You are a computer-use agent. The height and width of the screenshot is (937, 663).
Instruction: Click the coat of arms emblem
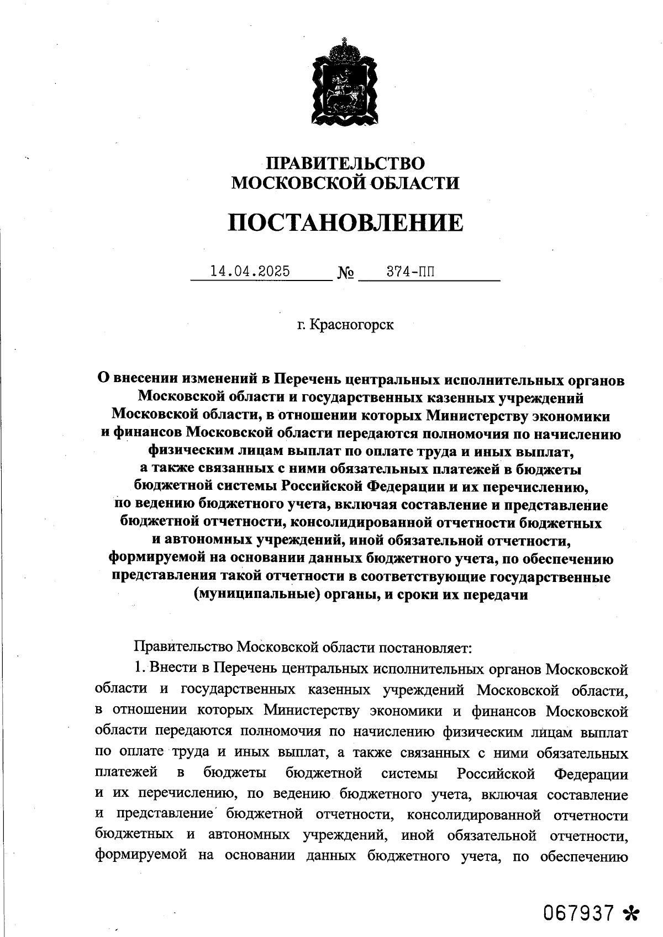point(345,83)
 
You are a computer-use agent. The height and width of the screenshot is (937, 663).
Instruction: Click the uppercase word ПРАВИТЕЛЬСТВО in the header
point(345,163)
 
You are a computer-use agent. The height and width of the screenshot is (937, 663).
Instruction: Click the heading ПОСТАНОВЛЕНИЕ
point(345,223)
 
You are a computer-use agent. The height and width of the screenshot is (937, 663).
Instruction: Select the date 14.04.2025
point(250,272)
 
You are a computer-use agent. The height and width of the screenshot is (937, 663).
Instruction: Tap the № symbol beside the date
point(346,273)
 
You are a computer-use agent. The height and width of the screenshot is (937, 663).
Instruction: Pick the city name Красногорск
point(351,324)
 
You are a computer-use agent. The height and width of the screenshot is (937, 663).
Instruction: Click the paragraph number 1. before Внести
point(140,668)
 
